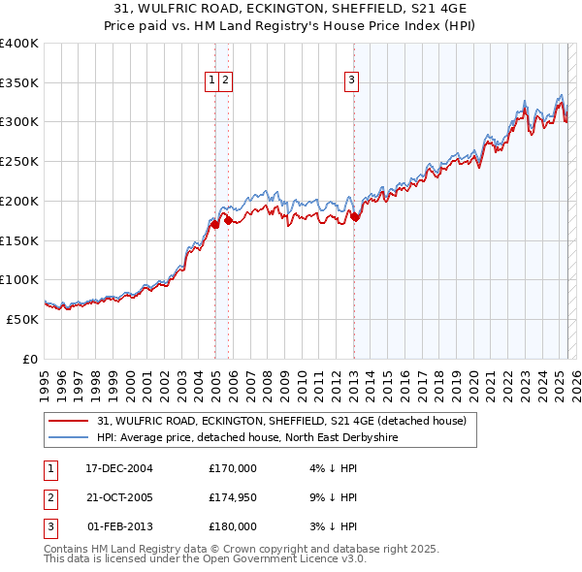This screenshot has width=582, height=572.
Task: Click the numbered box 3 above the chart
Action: click(351, 81)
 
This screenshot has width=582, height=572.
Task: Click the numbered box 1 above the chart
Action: click(211, 81)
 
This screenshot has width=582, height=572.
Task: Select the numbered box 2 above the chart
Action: click(224, 81)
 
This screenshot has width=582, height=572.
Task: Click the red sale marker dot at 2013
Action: click(355, 217)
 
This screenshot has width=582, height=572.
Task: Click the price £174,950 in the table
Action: click(233, 497)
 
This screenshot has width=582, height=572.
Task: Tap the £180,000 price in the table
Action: click(233, 526)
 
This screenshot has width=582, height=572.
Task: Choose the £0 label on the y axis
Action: click(29, 359)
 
